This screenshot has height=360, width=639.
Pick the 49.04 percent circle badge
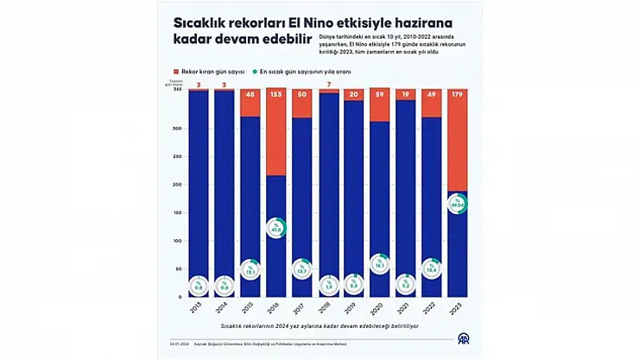coord(457,205)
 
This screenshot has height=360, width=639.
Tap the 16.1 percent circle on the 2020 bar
coord(379,265)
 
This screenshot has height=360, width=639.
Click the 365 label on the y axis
coord(177,89)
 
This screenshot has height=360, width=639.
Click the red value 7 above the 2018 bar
coord(329,85)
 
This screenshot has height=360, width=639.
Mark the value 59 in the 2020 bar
coord(380,93)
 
